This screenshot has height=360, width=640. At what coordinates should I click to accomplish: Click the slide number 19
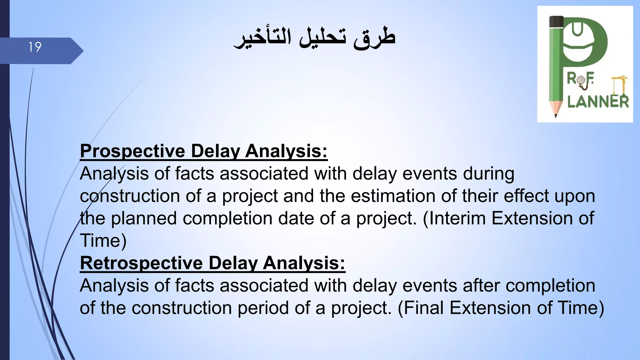(35, 47)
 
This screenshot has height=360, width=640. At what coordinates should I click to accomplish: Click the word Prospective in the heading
(132, 151)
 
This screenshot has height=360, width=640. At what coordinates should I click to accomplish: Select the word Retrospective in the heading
(141, 263)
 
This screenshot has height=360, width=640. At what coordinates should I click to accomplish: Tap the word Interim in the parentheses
(455, 218)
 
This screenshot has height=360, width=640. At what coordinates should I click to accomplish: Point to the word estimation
(393, 196)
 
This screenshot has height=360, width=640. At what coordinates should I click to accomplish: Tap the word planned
(144, 218)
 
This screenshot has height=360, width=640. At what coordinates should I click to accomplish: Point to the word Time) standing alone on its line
(103, 241)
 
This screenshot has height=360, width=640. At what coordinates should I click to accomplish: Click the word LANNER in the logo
(598, 102)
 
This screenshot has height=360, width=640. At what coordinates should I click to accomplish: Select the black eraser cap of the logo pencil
(556, 22)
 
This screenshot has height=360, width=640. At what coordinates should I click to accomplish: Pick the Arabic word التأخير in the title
(263, 38)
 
